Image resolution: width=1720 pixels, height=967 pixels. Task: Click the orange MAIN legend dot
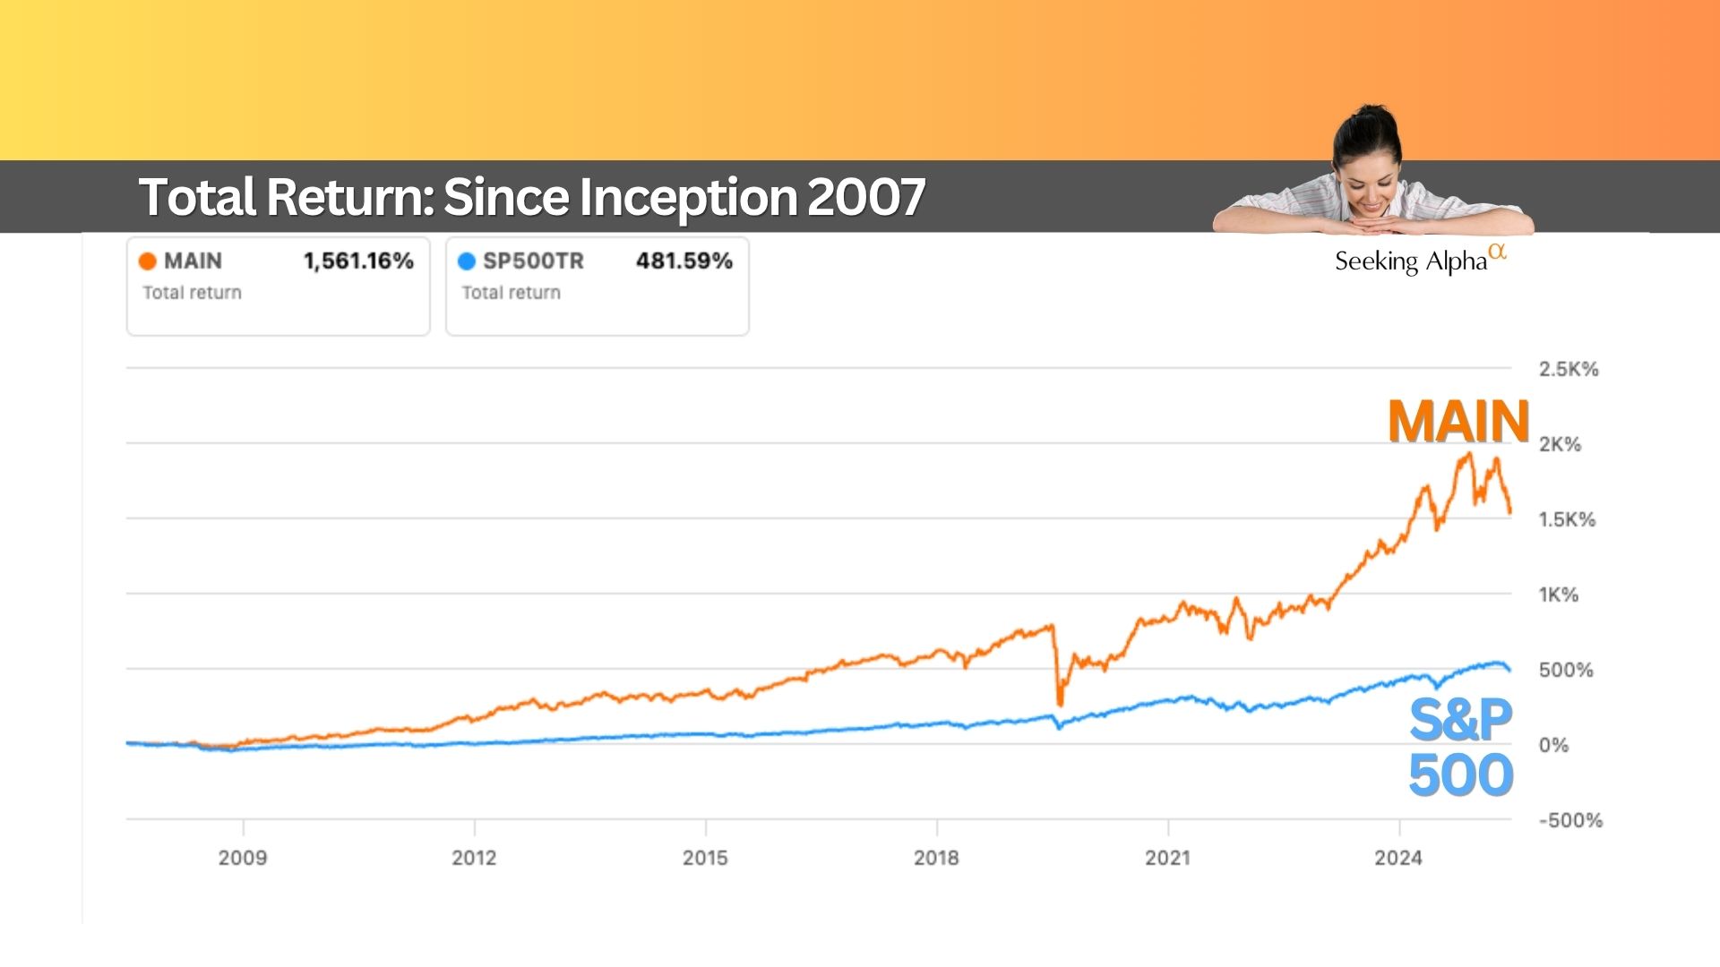[148, 261]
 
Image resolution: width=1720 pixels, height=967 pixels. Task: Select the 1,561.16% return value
[358, 261]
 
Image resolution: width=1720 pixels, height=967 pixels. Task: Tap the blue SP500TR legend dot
[467, 261]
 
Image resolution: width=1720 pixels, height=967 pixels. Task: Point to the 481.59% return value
[684, 261]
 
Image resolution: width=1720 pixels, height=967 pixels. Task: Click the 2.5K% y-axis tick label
[1569, 369]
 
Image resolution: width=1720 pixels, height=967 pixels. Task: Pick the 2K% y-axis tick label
[1561, 444]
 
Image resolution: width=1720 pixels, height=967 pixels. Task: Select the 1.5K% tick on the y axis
[1567, 519]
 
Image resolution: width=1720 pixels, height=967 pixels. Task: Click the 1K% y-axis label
[1559, 595]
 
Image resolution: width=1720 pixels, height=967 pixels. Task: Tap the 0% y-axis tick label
[1553, 745]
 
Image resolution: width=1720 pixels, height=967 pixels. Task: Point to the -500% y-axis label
[1570, 820]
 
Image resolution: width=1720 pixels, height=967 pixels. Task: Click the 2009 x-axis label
[243, 858]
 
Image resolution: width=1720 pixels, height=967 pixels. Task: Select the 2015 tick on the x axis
[705, 858]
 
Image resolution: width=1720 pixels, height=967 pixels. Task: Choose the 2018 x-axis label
[936, 858]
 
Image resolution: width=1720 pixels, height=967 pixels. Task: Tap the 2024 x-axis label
[1398, 858]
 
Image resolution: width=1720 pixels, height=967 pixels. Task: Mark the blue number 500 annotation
[1461, 775]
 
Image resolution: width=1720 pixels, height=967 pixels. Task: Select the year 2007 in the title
[866, 197]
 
